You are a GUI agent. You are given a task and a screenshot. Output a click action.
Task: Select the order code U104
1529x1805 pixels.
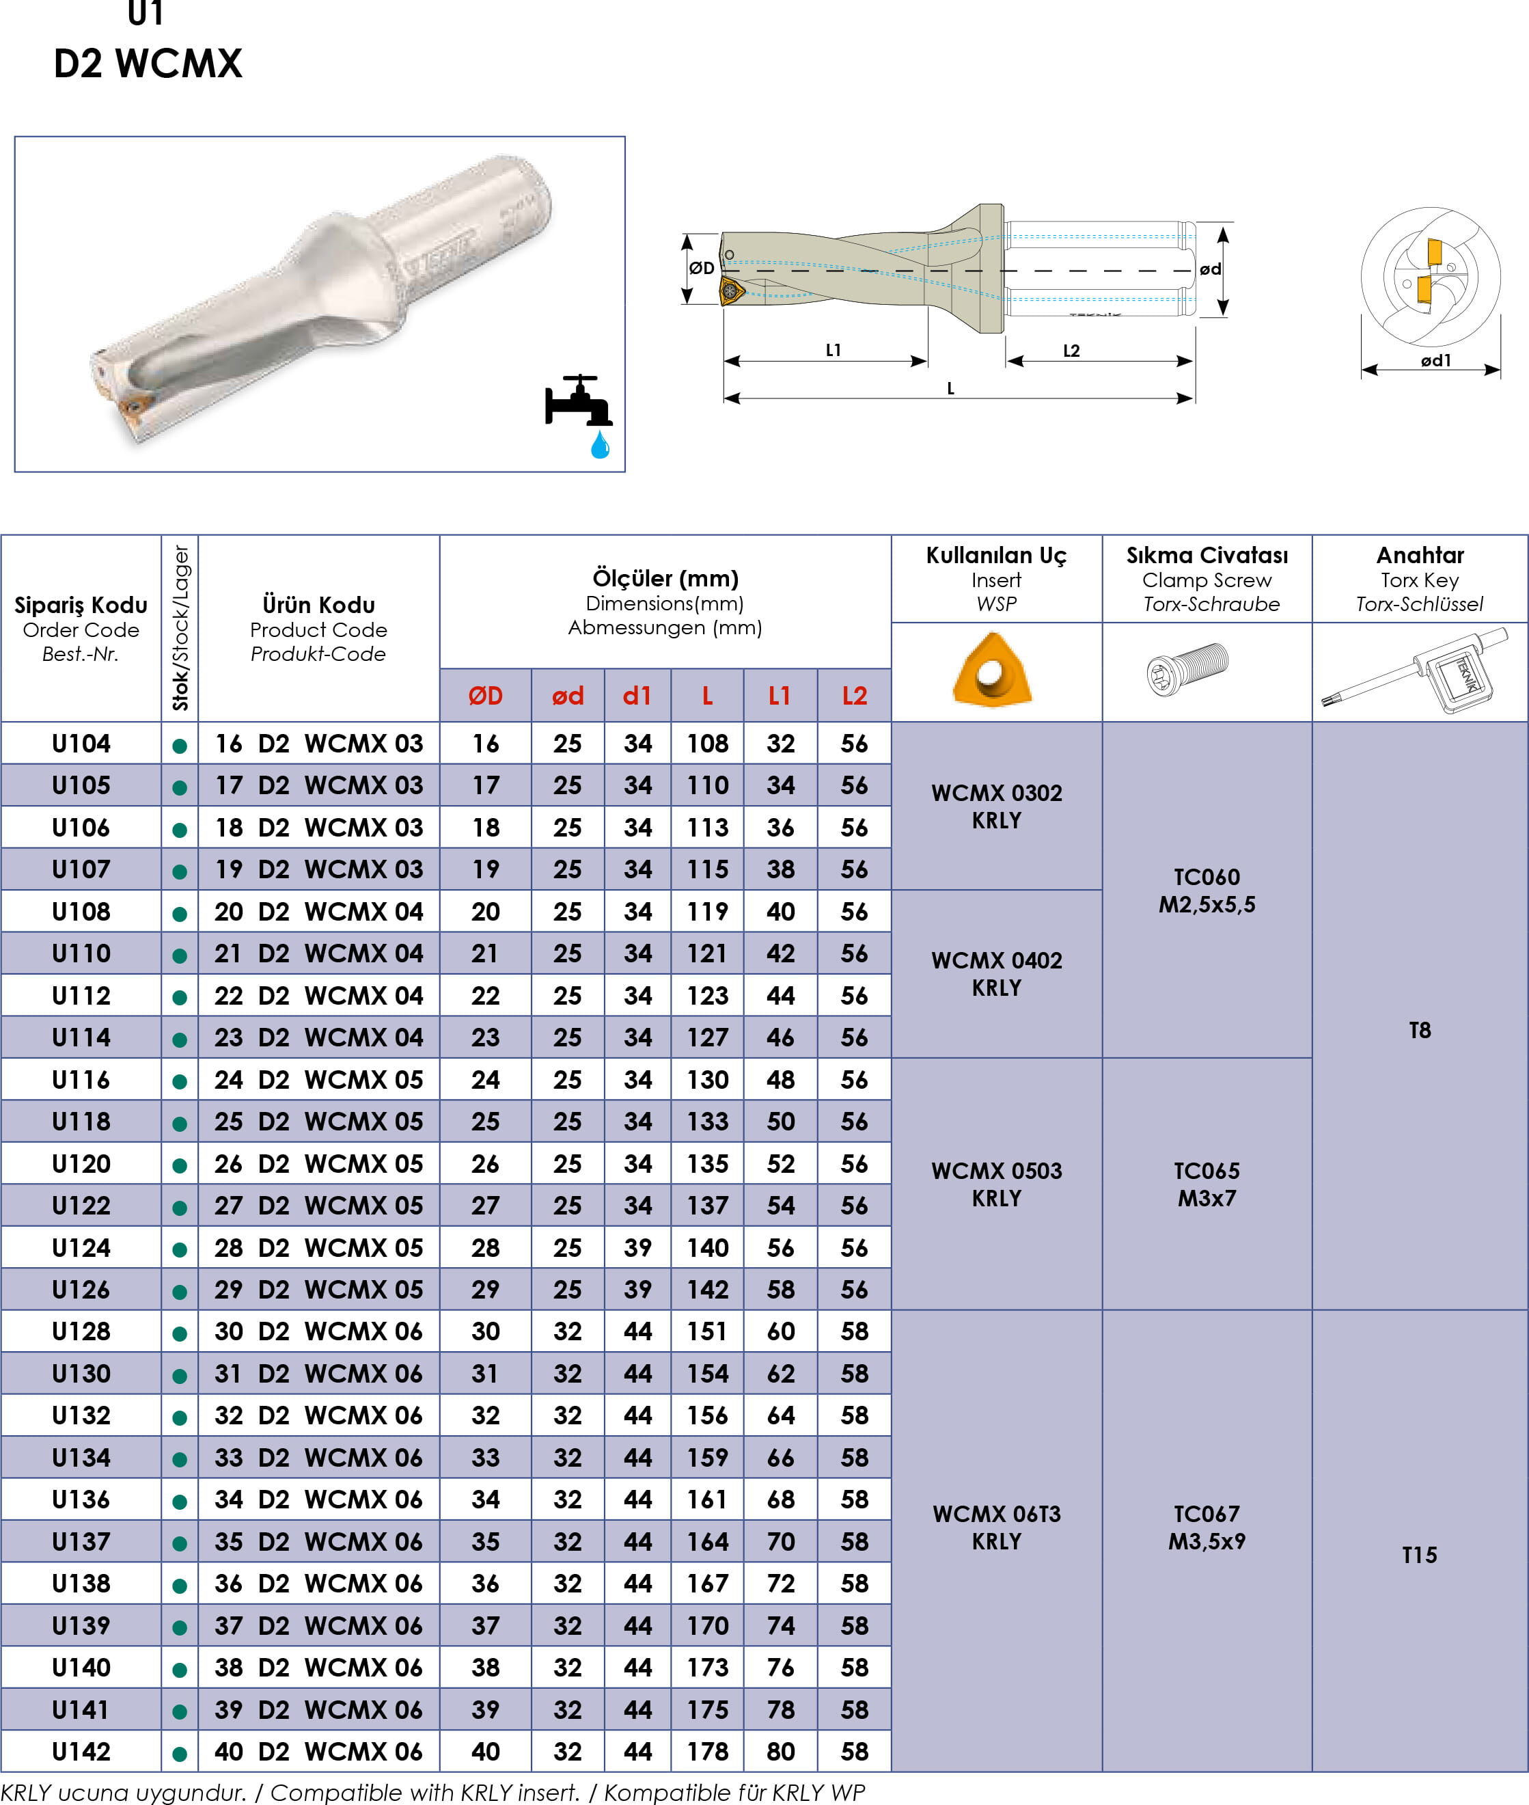pyautogui.click(x=81, y=743)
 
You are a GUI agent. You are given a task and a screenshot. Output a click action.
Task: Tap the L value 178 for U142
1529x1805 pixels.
pyautogui.click(x=707, y=1751)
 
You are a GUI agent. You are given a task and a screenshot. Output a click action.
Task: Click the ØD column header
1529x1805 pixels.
pyautogui.click(x=485, y=695)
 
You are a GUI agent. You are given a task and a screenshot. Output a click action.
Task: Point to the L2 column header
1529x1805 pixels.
pyautogui.click(x=855, y=695)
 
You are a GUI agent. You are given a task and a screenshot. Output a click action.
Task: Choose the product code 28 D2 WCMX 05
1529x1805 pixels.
pyautogui.click(x=319, y=1247)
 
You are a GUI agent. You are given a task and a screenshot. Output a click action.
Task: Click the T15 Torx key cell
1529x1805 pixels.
pyautogui.click(x=1420, y=1554)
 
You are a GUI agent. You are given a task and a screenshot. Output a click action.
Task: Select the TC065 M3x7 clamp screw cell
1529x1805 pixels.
pyautogui.click(x=1207, y=1184)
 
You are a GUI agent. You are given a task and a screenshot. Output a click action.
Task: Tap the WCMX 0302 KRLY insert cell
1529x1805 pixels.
pyautogui.click(x=997, y=806)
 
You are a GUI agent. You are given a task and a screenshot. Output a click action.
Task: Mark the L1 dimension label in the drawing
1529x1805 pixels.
pyautogui.click(x=834, y=350)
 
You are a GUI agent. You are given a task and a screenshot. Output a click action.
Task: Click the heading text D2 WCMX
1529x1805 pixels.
pyautogui.click(x=148, y=64)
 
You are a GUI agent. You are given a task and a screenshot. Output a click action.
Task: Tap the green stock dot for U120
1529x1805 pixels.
pyautogui.click(x=180, y=1166)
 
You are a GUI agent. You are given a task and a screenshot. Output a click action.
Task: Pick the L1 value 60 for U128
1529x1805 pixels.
pyautogui.click(x=780, y=1331)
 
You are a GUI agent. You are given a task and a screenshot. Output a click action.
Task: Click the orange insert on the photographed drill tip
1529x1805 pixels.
pyautogui.click(x=135, y=407)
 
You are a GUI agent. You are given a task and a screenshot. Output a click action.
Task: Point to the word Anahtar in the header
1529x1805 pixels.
pyautogui.click(x=1420, y=555)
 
